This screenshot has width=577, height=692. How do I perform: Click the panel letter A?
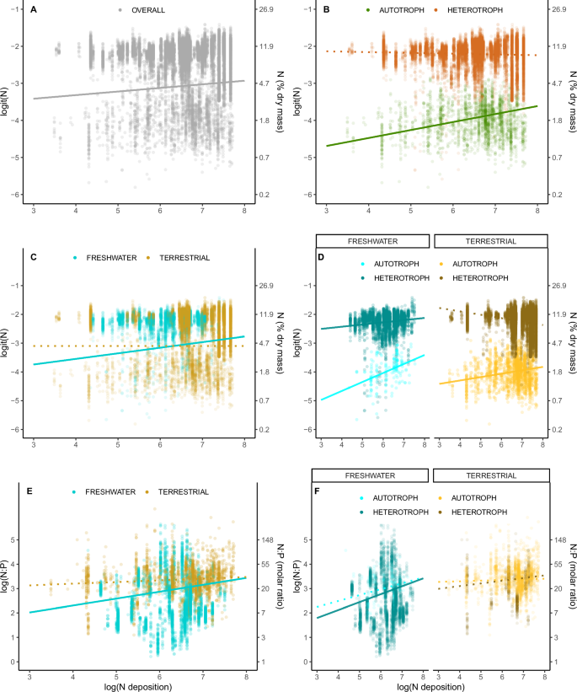(x=31, y=11)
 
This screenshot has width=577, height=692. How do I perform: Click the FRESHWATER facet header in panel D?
(x=371, y=240)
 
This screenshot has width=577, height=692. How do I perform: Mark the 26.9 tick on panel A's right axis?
(x=266, y=9)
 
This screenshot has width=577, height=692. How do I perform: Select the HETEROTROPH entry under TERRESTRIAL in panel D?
(x=484, y=276)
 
